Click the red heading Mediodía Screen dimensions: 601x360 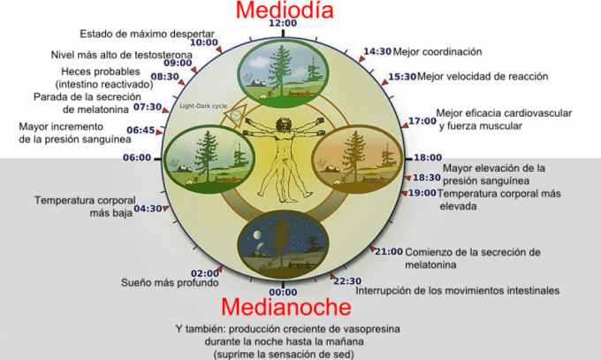[x=285, y=10]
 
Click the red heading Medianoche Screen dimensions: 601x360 [x=286, y=307]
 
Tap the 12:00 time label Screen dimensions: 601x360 [x=283, y=23]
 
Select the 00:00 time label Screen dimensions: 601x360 [x=283, y=293]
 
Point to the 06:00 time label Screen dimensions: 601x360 [x=137, y=157]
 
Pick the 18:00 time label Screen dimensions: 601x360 [x=428, y=157]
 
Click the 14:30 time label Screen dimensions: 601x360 [x=377, y=51]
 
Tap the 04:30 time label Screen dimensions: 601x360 [x=148, y=209]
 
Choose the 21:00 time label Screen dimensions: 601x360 [x=389, y=252]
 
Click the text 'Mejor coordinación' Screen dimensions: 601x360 [x=437, y=51]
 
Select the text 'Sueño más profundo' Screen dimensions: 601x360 [x=170, y=283]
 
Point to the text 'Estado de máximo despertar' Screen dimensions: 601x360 [x=148, y=34]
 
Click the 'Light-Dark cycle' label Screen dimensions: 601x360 [x=203, y=106]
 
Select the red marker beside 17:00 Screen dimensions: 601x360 [x=405, y=125]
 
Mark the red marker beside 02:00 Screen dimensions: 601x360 [x=219, y=269]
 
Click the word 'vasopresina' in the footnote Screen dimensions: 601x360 [x=372, y=329]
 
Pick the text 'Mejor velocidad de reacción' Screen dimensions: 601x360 [x=483, y=76]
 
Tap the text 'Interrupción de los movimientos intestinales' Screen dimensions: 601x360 [x=458, y=290]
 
